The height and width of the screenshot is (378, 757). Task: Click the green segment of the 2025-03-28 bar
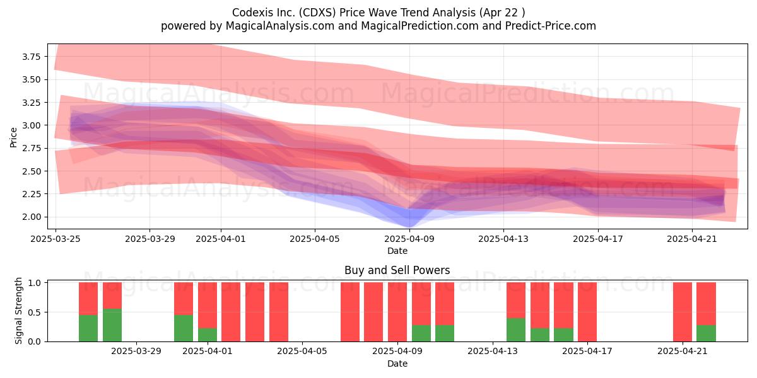[112, 325]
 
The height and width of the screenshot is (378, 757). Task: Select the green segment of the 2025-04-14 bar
[516, 329]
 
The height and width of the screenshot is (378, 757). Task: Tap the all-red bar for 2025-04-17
[587, 312]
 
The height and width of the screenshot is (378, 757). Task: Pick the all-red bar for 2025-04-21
[683, 312]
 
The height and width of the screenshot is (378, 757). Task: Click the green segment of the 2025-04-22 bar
[707, 333]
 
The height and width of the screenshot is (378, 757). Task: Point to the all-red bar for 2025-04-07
[349, 312]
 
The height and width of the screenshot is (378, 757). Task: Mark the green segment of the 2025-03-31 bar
[184, 328]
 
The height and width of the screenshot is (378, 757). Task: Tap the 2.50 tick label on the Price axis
[31, 171]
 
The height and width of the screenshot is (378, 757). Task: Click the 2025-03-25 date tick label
[56, 239]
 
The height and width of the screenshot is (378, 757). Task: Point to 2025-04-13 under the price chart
[503, 239]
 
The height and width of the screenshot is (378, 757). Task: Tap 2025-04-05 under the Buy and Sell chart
[302, 352]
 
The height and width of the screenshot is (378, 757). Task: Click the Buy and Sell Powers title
[397, 270]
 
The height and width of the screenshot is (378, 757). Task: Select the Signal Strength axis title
[18, 311]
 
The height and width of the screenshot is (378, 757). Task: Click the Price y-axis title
[13, 137]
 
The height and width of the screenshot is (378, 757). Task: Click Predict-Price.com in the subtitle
[551, 26]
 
